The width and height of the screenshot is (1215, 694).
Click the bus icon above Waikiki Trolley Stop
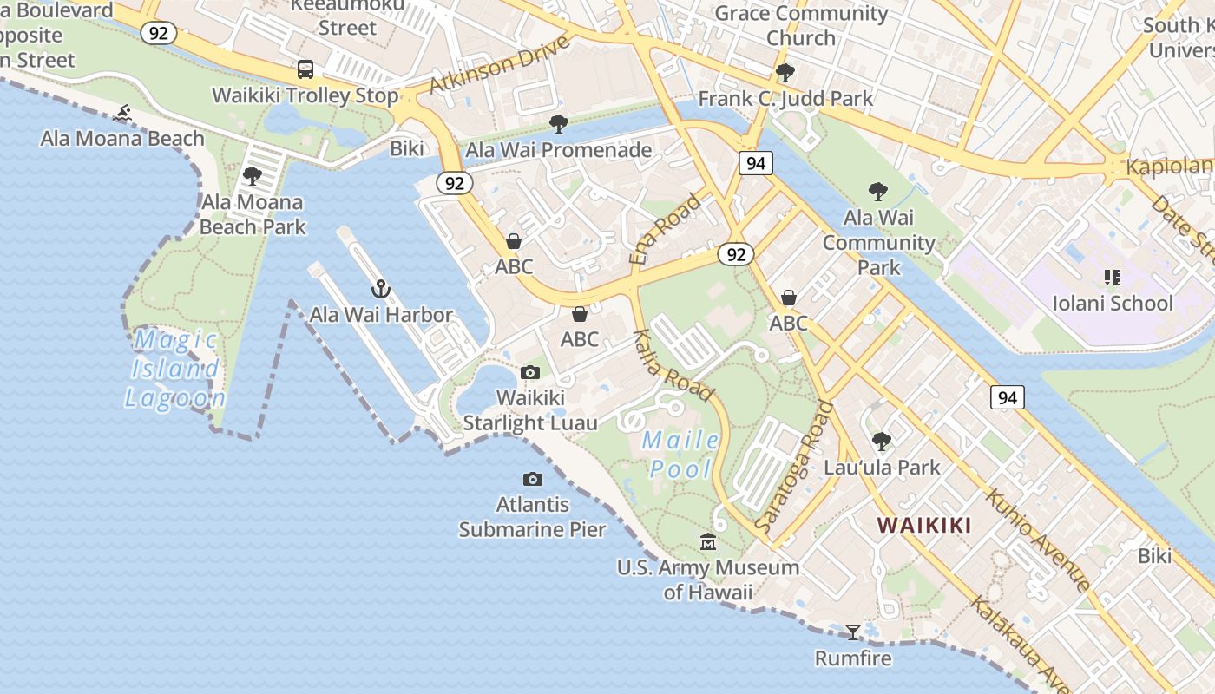(x=305, y=69)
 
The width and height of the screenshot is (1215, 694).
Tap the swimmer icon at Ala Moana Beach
(x=122, y=113)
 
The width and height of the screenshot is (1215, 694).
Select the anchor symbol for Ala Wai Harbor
(x=380, y=289)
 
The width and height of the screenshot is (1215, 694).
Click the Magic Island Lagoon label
(x=176, y=370)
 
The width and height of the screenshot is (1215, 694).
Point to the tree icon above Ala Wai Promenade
(x=559, y=124)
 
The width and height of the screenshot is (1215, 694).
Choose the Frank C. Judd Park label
(x=785, y=99)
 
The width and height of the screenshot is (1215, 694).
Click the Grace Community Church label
(x=800, y=25)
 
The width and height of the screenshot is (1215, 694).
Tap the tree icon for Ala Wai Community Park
(x=878, y=192)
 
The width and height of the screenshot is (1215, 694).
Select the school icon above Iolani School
(x=1112, y=278)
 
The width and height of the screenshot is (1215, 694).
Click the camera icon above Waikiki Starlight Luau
(x=530, y=373)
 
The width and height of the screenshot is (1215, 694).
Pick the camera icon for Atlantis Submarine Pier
(x=533, y=480)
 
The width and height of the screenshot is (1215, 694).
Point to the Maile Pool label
(x=681, y=455)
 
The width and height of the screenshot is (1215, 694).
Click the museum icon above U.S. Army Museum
(x=708, y=542)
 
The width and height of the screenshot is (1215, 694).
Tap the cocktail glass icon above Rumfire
(x=853, y=632)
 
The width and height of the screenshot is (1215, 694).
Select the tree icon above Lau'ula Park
(x=882, y=442)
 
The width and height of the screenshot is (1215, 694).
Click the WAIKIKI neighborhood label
(x=923, y=525)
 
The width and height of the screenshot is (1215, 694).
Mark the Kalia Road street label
(x=673, y=365)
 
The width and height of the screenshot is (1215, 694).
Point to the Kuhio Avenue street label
(x=1037, y=540)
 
